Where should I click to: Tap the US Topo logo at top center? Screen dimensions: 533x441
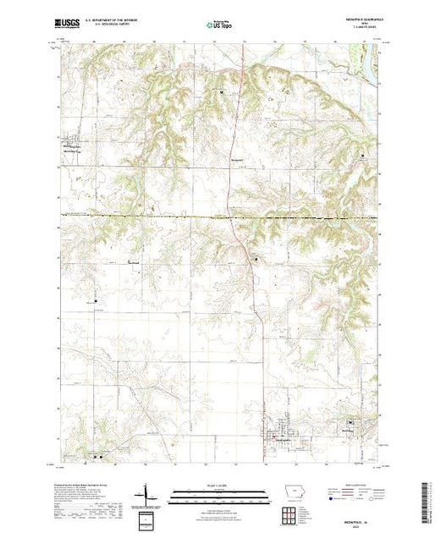pos(219,26)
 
